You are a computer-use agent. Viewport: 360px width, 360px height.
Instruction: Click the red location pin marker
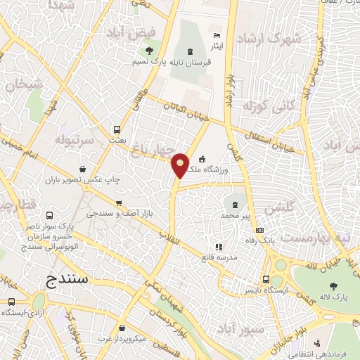(181, 165)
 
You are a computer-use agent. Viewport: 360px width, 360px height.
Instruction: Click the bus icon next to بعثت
(117, 129)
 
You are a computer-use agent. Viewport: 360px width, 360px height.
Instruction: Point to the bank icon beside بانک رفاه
(259, 230)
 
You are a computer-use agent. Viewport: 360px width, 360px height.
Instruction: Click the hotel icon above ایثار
(216, 36)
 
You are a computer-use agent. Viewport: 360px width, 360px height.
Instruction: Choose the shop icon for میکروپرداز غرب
(123, 328)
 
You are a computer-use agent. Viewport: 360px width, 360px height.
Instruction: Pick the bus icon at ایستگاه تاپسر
(265, 278)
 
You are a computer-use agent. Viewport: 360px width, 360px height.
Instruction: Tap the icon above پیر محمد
(235, 205)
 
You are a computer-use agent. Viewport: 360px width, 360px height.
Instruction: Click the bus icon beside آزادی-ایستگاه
(10, 302)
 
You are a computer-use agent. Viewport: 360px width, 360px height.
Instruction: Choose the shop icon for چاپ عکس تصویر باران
(84, 169)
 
